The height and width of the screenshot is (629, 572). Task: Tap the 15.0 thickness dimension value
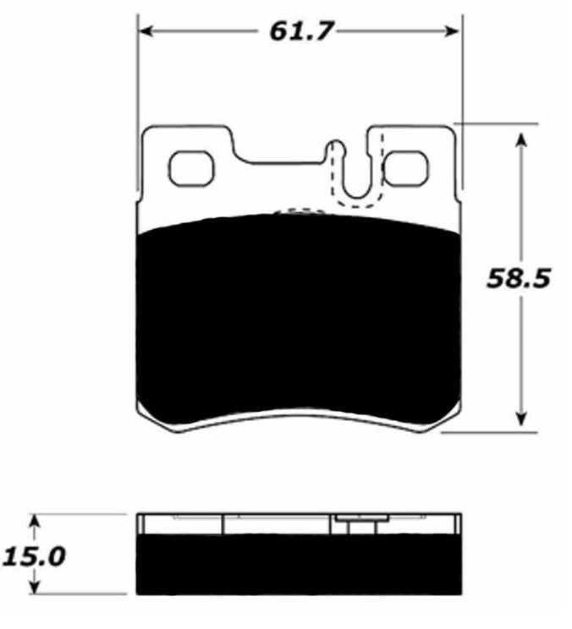pos(35,557)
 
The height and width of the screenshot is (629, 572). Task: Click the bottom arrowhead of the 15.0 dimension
pos(35,588)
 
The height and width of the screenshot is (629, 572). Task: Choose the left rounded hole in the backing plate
pos(191,168)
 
